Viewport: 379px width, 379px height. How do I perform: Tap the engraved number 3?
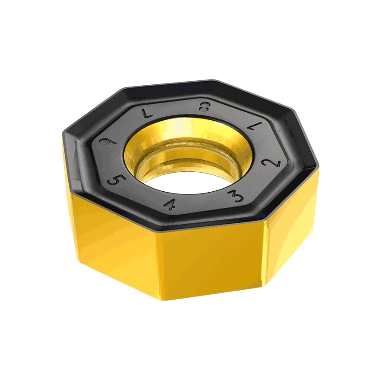coord(236,195)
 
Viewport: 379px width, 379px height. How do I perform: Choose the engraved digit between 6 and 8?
coord(146,113)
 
